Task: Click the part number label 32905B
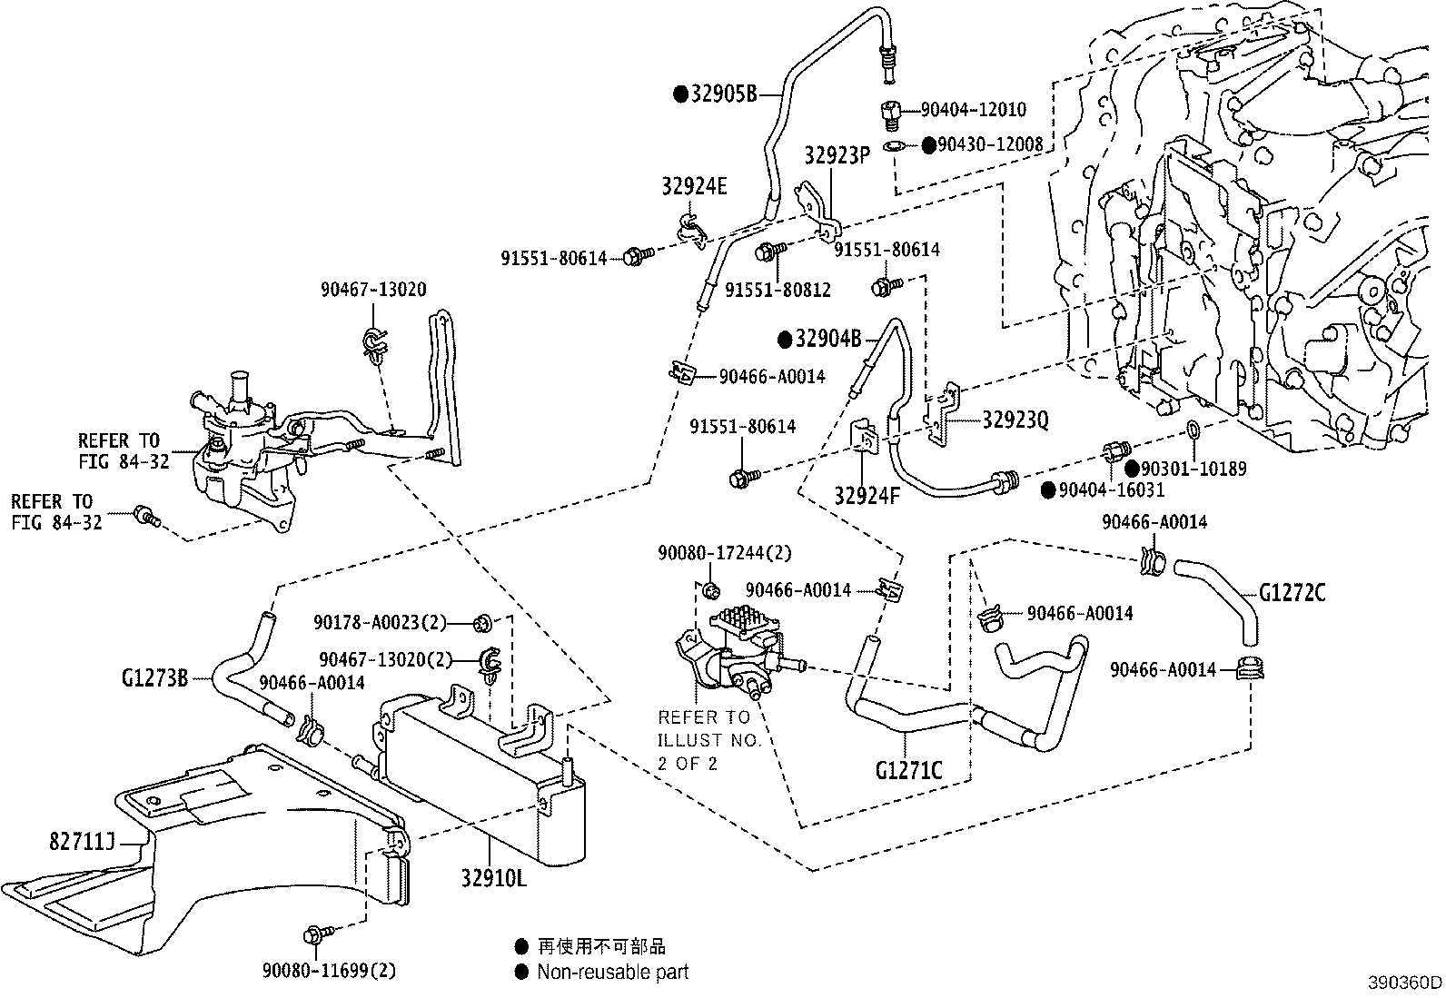[724, 94]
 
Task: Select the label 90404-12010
[973, 110]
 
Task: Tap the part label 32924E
[694, 187]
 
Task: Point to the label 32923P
[837, 155]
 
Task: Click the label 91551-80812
[777, 289]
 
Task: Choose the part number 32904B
[827, 340]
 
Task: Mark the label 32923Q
[1015, 420]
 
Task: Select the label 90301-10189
[1193, 469]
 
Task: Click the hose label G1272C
[1292, 593]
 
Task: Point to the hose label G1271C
[908, 770]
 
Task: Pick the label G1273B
[154, 677]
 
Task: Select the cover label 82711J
[81, 842]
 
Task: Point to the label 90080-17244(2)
[725, 552]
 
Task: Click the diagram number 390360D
[1405, 983]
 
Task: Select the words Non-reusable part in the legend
[612, 972]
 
